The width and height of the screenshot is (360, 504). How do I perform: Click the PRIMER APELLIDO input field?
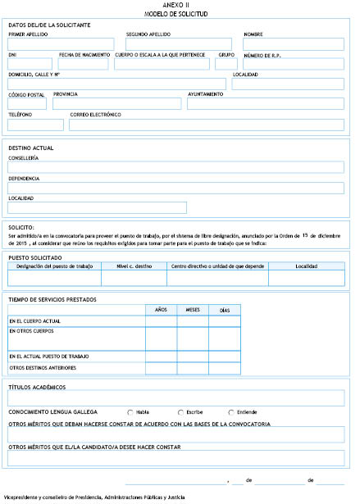coord(64,44)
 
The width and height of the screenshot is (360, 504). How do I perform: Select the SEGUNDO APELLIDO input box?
coord(178,44)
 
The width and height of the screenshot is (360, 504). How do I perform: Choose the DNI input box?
coord(30,64)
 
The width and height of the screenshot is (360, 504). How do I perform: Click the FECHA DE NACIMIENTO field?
coord(84,64)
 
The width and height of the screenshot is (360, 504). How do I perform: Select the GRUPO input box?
coord(226,64)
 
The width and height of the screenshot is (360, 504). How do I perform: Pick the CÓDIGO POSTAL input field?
coord(27,104)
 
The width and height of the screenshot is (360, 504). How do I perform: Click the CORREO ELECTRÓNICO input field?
coord(207,125)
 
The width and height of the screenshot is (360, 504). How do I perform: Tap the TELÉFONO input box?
coord(36,125)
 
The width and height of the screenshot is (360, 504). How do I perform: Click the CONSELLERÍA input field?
coord(175,167)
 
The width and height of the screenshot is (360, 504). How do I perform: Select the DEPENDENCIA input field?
coord(175,188)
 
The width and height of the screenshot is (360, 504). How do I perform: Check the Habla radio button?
coord(130,411)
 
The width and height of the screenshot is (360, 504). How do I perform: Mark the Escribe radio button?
coord(181,411)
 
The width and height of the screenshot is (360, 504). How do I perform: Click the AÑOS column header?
coord(162,310)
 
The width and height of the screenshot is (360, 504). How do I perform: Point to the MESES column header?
coord(193,310)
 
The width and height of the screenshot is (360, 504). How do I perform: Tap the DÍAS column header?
coord(225,310)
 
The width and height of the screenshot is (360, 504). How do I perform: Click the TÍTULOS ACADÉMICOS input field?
coord(175,397)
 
